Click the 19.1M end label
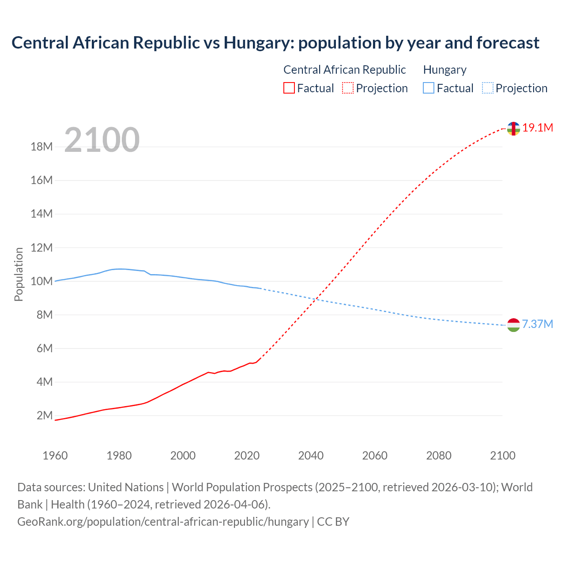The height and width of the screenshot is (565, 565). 538,128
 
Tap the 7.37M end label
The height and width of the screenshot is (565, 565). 537,324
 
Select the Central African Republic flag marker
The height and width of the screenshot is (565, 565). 513,129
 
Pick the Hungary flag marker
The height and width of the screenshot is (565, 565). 513,325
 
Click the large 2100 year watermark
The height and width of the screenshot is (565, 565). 102,140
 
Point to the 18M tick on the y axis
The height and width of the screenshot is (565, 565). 42,147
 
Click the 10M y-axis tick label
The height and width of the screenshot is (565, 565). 42,281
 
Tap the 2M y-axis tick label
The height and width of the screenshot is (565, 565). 45,415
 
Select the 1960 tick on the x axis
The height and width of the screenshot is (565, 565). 55,456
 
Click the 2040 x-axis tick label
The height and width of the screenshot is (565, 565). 311,456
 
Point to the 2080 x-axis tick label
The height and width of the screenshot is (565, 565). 439,456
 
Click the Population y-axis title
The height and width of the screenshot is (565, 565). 19,274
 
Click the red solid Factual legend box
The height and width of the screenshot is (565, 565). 289,88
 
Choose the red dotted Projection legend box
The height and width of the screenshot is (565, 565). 348,88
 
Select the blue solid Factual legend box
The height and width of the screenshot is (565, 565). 429,88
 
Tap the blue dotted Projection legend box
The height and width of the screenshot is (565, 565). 488,88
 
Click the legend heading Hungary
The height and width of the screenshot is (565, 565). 444,70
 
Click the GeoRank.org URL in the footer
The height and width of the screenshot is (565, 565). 163,522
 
